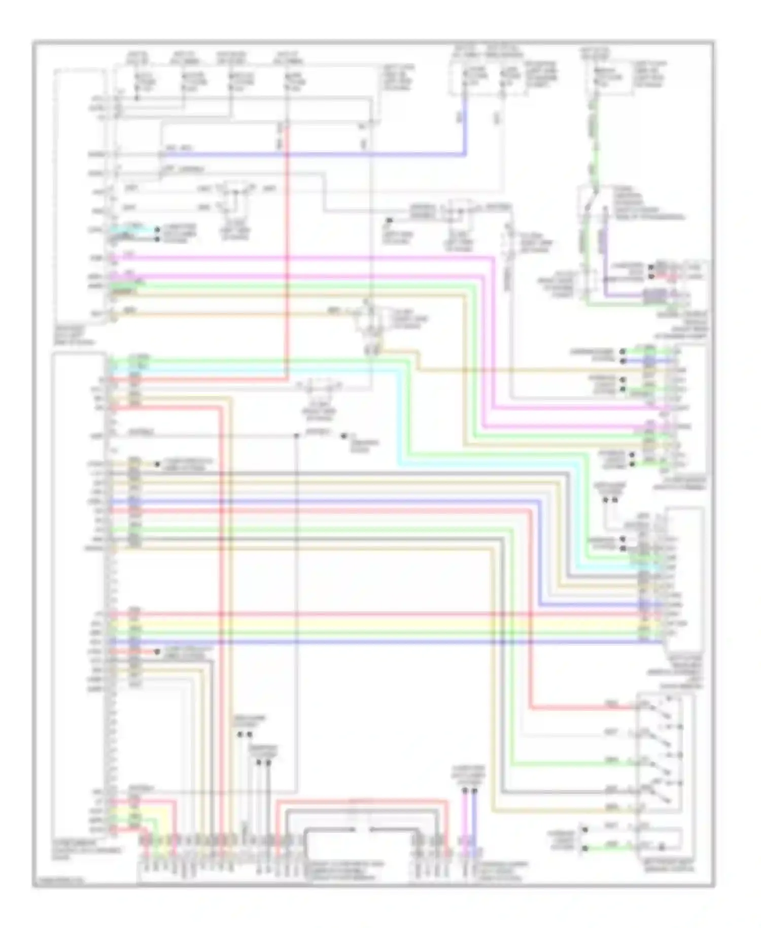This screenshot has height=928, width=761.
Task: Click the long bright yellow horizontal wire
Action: point(386,623)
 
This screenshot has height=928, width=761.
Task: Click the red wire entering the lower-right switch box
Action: point(583,707)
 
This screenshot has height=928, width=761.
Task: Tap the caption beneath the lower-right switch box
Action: point(665,866)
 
